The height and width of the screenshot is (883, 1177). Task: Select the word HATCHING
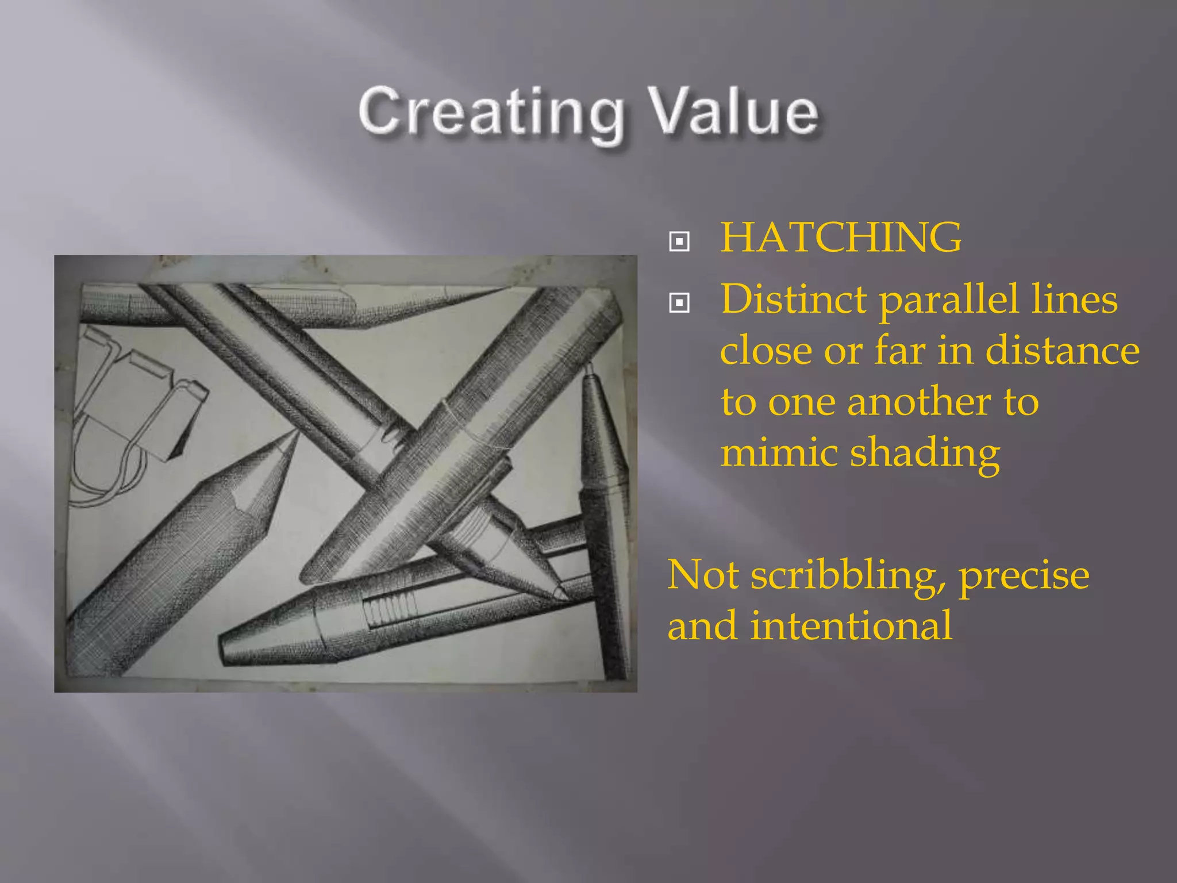(x=841, y=237)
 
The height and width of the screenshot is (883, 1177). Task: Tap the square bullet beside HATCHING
(x=679, y=241)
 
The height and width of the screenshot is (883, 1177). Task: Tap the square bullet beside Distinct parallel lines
(x=679, y=302)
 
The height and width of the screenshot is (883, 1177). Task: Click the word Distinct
(x=794, y=300)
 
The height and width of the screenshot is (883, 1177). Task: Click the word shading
(x=925, y=454)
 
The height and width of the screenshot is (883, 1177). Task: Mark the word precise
(x=1024, y=575)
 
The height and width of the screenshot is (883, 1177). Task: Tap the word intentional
(x=851, y=625)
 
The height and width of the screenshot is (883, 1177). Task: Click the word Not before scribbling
(x=703, y=575)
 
